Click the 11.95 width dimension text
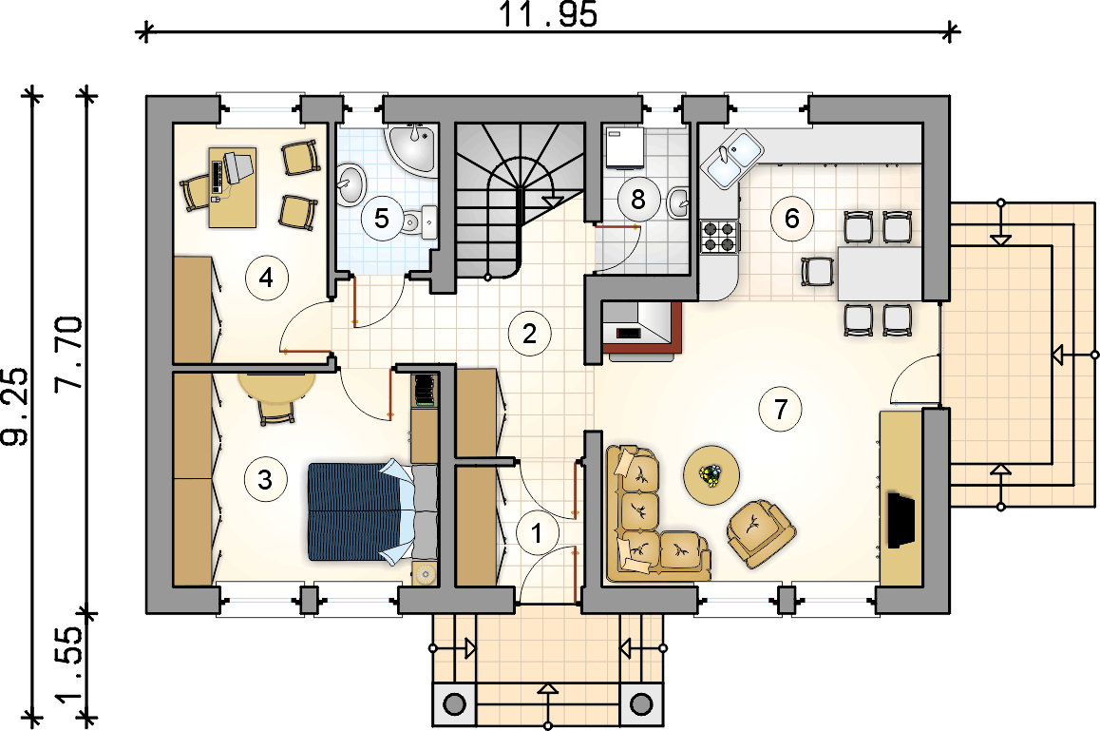547,14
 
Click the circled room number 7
781,409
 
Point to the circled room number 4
266,279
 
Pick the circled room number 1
537,533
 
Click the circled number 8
637,200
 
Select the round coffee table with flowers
711,474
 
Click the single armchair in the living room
761,533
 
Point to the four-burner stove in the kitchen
718,236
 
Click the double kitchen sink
731,160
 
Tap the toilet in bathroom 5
418,221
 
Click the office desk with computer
233,187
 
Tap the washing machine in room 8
624,147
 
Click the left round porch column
455,704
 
